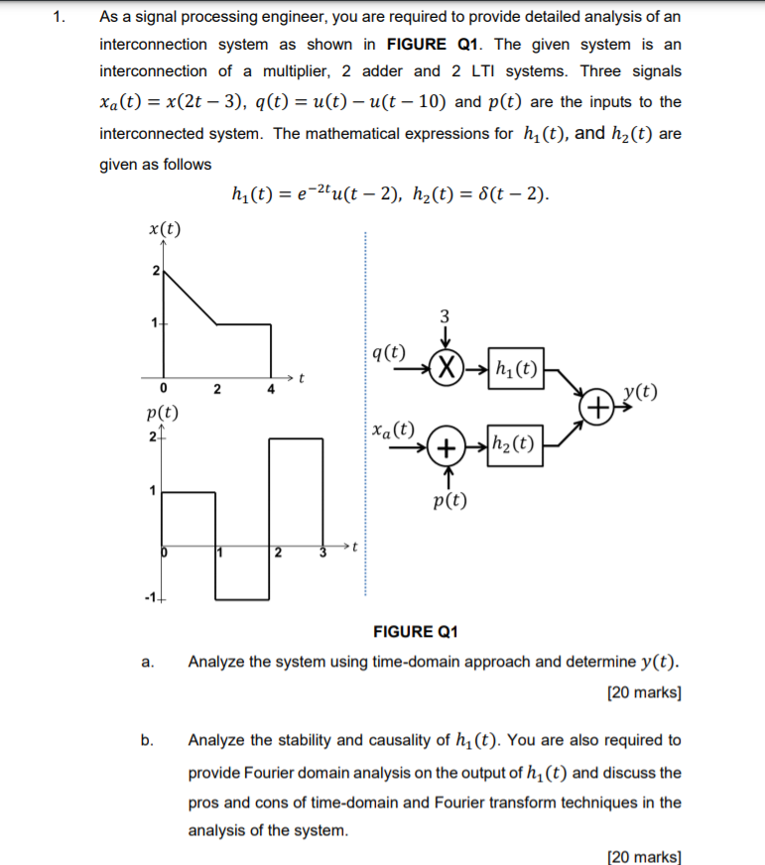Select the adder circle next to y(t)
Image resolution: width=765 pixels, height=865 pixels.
click(598, 408)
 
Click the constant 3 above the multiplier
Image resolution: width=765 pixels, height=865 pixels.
click(446, 315)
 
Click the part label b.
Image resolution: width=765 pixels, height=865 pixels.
click(148, 740)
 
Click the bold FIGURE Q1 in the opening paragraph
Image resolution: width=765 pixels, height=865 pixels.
click(434, 45)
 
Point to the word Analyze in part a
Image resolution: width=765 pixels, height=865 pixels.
click(216, 661)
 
